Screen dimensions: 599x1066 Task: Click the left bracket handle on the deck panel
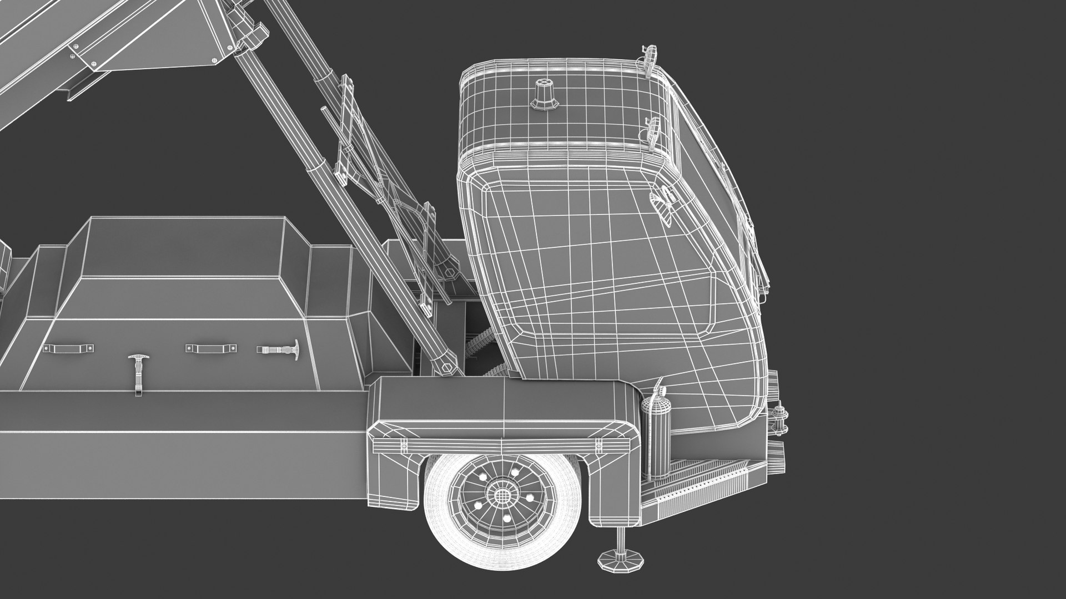coord(68,348)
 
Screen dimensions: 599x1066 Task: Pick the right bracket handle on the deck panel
coord(210,348)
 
